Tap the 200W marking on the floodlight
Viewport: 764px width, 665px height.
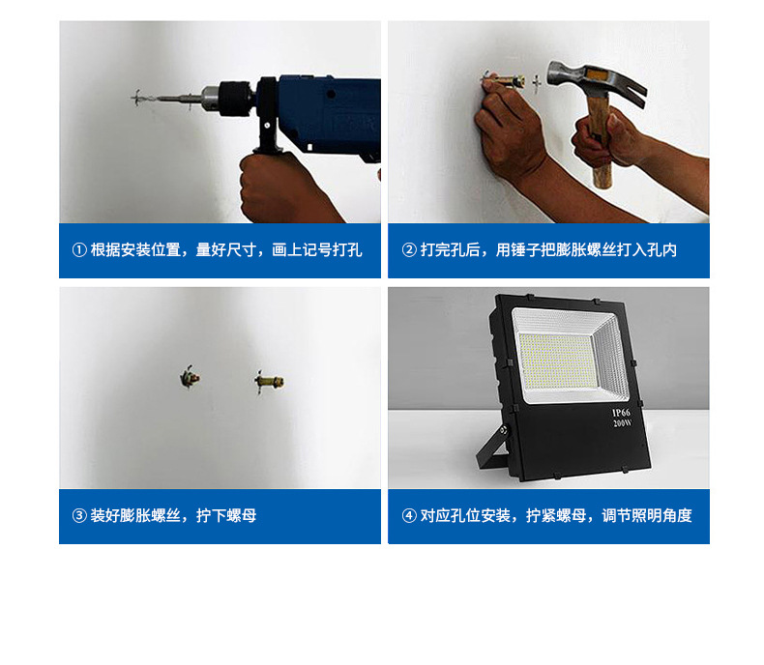[x=621, y=423]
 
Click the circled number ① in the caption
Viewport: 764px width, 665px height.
[x=79, y=250]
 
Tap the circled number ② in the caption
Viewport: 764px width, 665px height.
[x=408, y=250]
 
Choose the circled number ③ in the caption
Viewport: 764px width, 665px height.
[x=79, y=516]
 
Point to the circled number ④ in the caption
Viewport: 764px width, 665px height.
[x=408, y=516]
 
